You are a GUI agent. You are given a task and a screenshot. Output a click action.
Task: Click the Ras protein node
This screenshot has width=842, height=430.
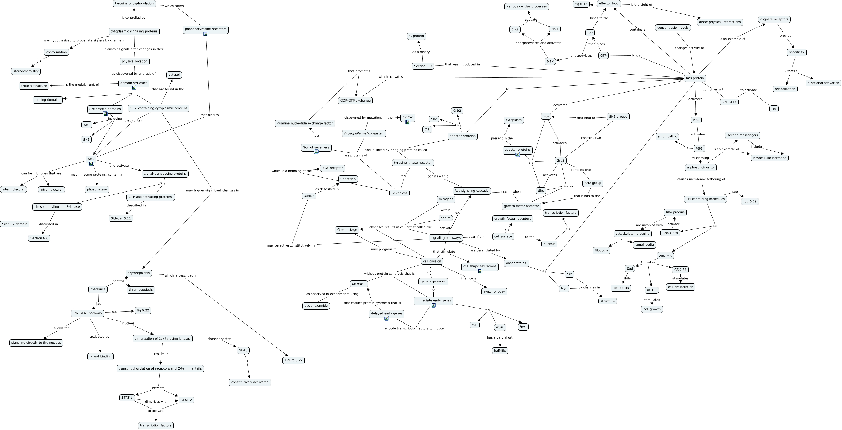pyautogui.click(x=695, y=78)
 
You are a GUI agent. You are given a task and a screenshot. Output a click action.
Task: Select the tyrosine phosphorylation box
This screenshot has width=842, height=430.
pyautogui.click(x=134, y=4)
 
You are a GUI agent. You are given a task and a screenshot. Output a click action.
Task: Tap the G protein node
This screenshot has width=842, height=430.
pyautogui.click(x=416, y=36)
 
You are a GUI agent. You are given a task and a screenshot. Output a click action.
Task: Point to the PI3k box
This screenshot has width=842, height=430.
pyautogui.click(x=696, y=120)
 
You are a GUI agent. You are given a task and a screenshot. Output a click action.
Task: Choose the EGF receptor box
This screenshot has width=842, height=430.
pyautogui.click(x=332, y=168)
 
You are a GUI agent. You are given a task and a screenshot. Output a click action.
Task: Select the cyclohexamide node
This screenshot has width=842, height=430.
pyautogui.click(x=316, y=306)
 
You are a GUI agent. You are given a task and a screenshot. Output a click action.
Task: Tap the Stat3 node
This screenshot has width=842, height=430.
pyautogui.click(x=243, y=350)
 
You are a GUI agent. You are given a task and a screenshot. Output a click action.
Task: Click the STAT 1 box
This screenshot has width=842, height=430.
pyautogui.click(x=127, y=398)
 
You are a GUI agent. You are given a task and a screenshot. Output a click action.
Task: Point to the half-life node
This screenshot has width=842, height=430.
pyautogui.click(x=500, y=351)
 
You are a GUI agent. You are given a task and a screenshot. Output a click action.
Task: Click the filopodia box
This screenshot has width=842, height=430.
pyautogui.click(x=601, y=251)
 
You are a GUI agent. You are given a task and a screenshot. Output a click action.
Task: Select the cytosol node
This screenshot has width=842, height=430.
pyautogui.click(x=174, y=75)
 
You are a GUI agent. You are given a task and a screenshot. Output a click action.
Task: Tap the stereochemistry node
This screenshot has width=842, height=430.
pyautogui.click(x=26, y=71)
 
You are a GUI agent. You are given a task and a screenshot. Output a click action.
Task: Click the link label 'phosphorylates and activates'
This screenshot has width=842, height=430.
pyautogui.click(x=538, y=43)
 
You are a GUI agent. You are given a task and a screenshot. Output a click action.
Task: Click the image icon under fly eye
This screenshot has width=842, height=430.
pyautogui.click(x=408, y=122)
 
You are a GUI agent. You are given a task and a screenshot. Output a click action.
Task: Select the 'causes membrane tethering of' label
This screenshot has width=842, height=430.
pyautogui.click(x=701, y=179)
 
